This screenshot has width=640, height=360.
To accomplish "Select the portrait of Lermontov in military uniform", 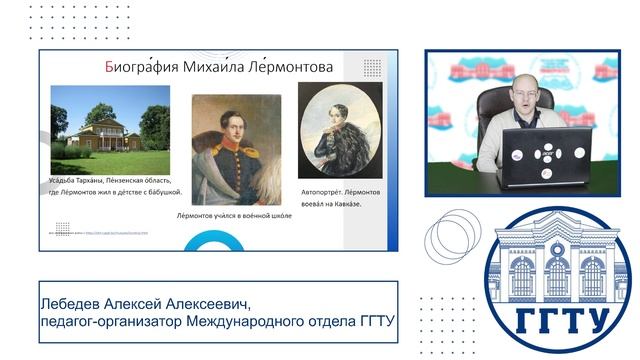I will point(236,149).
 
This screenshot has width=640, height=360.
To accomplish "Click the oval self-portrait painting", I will point(340,130).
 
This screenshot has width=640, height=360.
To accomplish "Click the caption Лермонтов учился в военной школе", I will point(237,217).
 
